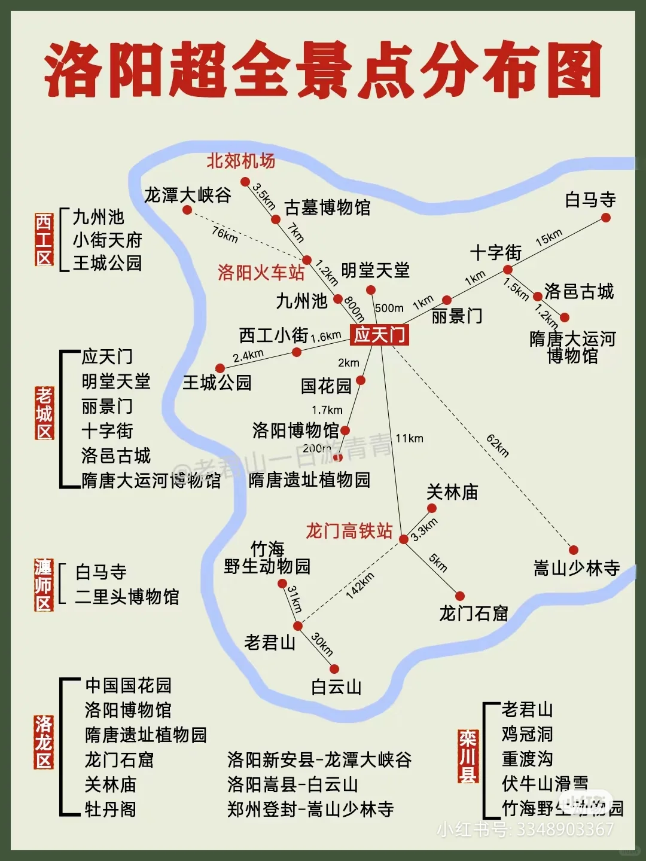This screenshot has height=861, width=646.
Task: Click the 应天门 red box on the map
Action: [x=380, y=334]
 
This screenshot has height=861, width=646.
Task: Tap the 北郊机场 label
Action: [x=241, y=161]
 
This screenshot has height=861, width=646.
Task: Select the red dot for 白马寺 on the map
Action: [x=606, y=218]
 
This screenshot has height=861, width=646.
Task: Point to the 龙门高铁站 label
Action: [x=349, y=530]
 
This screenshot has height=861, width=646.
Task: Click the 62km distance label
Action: [x=498, y=445]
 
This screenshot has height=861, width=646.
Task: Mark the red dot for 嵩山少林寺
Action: [x=574, y=550]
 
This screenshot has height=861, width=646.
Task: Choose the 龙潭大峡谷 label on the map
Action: [x=187, y=195]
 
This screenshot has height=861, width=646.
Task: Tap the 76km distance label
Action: [x=225, y=234]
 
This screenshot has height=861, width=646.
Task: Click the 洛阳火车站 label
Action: [x=261, y=273]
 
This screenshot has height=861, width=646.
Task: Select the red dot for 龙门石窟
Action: [x=459, y=596]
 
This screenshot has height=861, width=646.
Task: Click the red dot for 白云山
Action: [x=334, y=669]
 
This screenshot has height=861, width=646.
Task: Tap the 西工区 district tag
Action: [x=44, y=240]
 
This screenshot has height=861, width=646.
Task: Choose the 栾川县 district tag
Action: [x=468, y=756]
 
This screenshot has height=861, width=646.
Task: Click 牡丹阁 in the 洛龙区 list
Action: [x=111, y=809]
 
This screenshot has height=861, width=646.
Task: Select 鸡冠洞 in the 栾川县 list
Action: [x=527, y=734]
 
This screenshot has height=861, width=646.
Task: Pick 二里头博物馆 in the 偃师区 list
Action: [x=127, y=597]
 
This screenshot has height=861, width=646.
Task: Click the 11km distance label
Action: [x=409, y=438]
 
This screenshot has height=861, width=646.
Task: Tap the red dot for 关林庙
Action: [x=432, y=508]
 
